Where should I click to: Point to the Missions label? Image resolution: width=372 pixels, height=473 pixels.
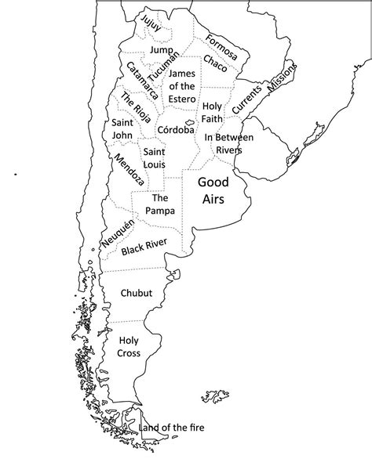pos(283,78)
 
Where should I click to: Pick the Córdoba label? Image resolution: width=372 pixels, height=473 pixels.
pos(175,130)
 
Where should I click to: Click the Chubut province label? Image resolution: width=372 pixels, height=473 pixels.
pos(137,293)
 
